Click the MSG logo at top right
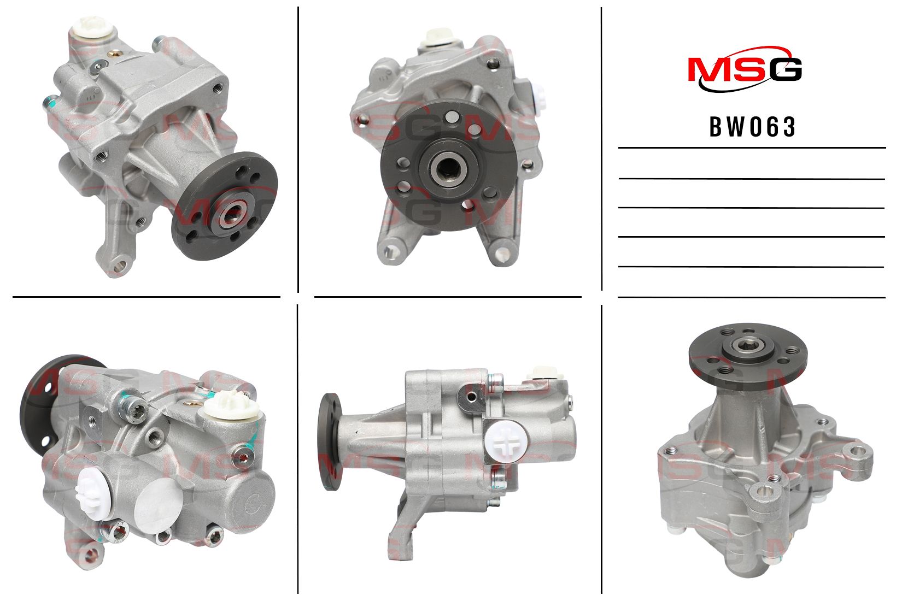745,69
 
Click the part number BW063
752,127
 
